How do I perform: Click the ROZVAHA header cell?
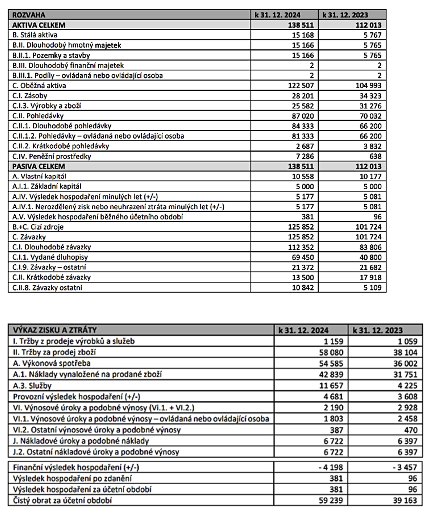click(29, 15)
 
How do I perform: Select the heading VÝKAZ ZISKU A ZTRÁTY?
click(55, 330)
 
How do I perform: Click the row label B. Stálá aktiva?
click(35, 35)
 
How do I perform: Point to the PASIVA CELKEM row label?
click(39, 166)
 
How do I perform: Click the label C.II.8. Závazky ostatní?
click(47, 287)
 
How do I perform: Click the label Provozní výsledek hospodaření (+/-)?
click(77, 396)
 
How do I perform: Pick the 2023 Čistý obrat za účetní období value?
click(405, 500)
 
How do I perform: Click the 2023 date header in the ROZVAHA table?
click(345, 15)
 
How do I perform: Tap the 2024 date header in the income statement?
click(303, 330)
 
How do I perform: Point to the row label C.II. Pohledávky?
click(38, 116)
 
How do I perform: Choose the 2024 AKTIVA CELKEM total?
click(301, 25)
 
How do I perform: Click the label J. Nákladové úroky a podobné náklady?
click(81, 441)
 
